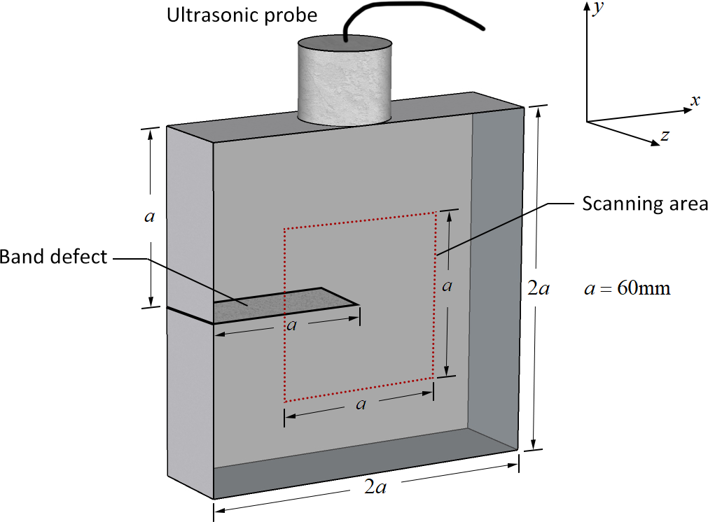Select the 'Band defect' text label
pos(53,257)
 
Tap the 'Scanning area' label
pos(645,204)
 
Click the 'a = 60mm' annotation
pos(627,288)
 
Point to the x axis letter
pos(695,100)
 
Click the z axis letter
pos(665,135)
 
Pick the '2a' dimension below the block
pos(375,487)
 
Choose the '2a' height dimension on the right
pos(539,288)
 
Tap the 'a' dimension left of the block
pos(148,217)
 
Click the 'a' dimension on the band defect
pos(292,325)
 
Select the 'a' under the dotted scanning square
pos(361,404)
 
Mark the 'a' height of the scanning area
pos(447,286)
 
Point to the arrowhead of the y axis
pos(586,6)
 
